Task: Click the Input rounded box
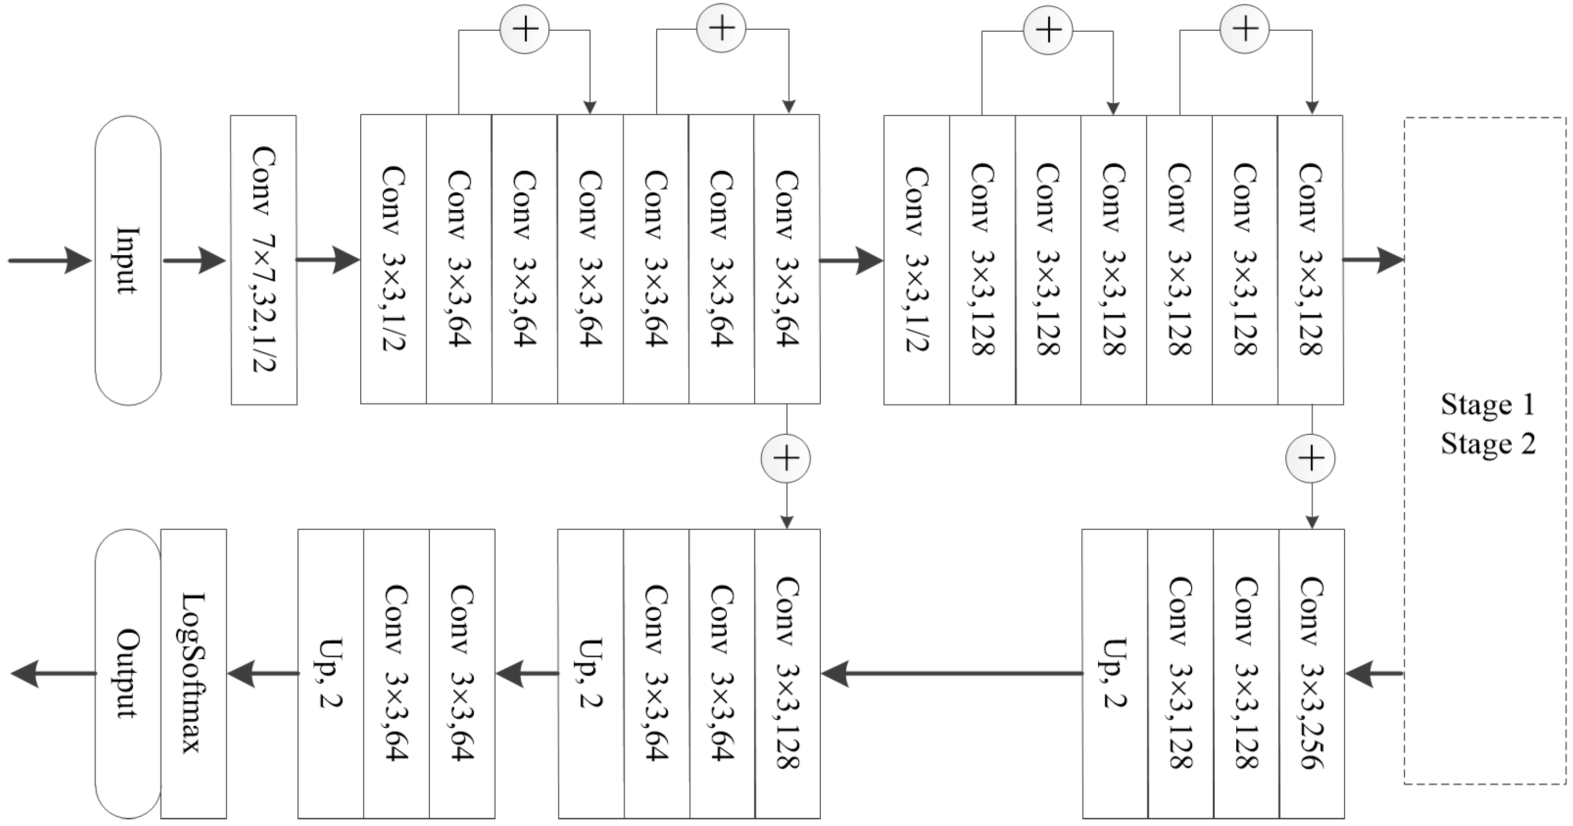[128, 260]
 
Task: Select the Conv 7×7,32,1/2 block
[264, 260]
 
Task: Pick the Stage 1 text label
[1488, 405]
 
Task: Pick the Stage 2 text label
[1488, 444]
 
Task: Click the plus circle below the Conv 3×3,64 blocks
[786, 459]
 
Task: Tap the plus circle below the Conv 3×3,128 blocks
[1310, 459]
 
